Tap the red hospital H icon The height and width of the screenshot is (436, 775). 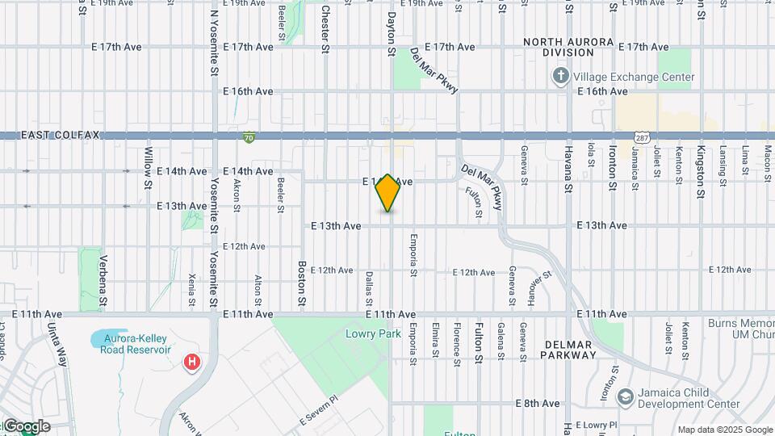pos(191,362)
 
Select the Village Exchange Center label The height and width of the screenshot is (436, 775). pos(634,78)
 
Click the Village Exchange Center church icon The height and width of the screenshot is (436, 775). pos(561,77)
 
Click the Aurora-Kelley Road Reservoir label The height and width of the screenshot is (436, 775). pos(136,343)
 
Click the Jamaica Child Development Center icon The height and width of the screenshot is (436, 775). pos(624,397)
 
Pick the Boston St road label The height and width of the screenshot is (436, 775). pos(302,283)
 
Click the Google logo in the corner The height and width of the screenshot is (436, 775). pos(26,426)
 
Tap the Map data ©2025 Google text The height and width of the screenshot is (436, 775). pos(725,430)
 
